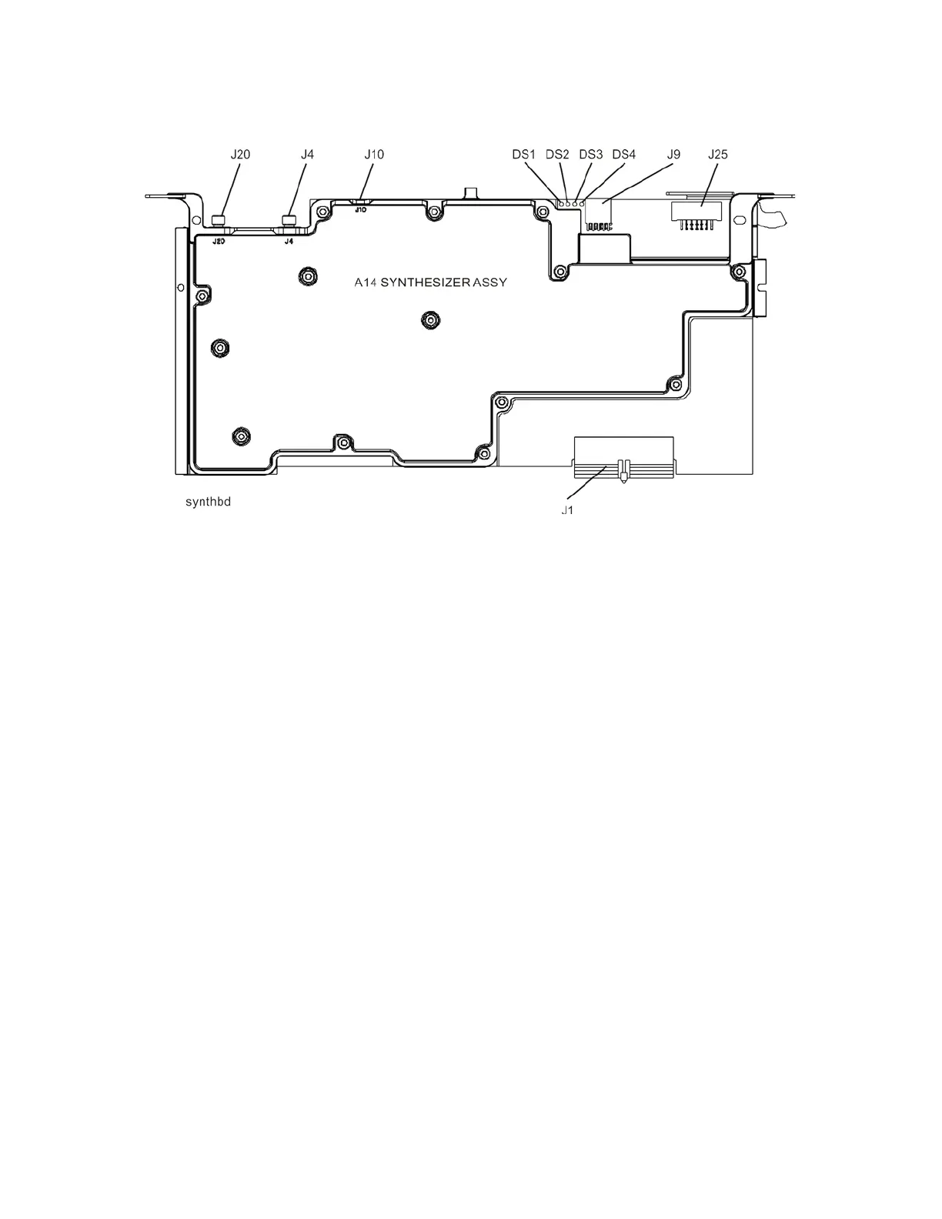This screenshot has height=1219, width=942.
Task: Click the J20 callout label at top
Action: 241,154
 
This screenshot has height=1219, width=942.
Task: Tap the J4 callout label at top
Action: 307,154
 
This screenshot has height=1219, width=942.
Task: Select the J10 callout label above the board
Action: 374,154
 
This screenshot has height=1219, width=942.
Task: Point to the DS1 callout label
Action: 523,154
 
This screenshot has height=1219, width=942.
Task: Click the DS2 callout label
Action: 557,154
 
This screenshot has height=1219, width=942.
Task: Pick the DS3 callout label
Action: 590,154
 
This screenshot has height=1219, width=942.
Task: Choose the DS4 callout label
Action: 623,154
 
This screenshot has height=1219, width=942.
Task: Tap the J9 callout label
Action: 673,154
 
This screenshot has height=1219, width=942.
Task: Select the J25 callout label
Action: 717,154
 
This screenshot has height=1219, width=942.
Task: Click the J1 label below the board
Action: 566,509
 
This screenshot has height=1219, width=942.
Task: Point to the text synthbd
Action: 208,503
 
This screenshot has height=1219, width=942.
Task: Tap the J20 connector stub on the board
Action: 219,219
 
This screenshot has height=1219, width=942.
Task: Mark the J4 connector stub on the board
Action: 289,219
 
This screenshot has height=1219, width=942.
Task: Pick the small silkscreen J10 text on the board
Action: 360,209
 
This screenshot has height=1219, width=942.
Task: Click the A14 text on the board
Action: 364,282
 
